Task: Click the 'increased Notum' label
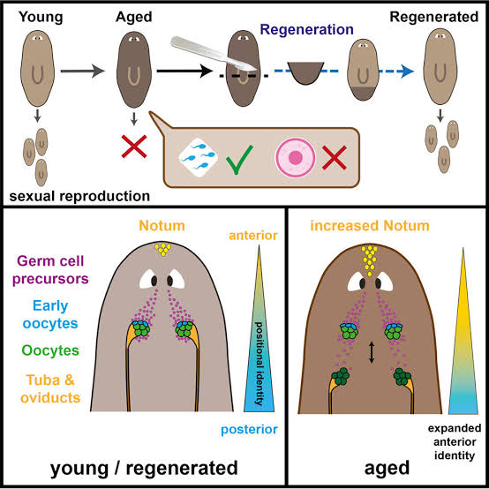pos(369,227)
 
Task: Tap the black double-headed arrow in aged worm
pos(372,352)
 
